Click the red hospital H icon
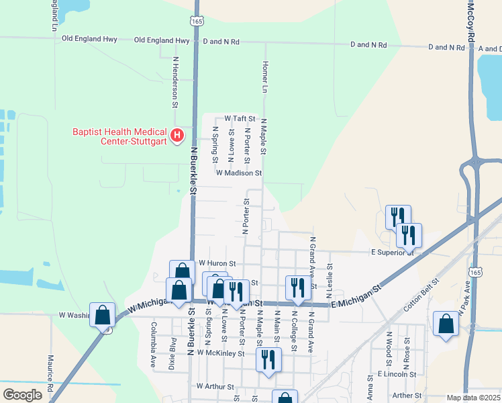tap(177, 136)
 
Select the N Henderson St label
tap(175, 82)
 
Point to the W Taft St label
tap(240, 118)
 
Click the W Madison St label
tap(238, 173)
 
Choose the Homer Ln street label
tap(265, 77)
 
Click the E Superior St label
tap(393, 253)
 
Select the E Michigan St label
tap(355, 296)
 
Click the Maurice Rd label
tap(50, 369)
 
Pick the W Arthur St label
tap(215, 387)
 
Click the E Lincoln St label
tap(397, 373)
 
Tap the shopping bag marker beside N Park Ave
tap(446, 324)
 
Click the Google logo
tap(23, 394)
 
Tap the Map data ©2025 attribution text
tap(472, 398)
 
